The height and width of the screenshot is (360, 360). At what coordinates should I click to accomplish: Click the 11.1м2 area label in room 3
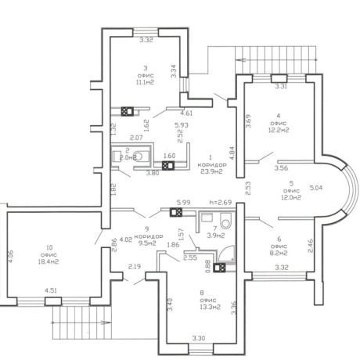click(x=146, y=81)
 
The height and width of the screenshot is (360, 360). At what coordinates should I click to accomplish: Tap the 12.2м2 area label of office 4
click(x=279, y=130)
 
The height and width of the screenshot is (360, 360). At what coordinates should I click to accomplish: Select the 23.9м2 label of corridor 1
click(x=212, y=174)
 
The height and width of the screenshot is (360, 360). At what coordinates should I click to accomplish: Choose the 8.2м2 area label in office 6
click(x=278, y=253)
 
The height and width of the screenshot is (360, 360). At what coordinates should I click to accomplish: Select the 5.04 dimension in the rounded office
click(x=316, y=188)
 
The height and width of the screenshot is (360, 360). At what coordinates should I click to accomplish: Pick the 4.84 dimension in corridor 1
click(x=232, y=153)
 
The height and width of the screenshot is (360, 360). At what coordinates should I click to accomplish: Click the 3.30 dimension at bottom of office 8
click(x=200, y=338)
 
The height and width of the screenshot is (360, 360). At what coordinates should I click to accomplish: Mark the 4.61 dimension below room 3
click(x=188, y=114)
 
